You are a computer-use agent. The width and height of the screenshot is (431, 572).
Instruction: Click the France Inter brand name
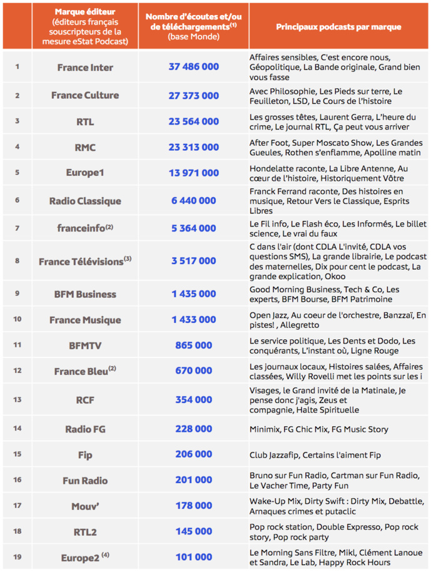(85, 67)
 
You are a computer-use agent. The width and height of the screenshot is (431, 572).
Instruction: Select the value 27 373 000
(194, 96)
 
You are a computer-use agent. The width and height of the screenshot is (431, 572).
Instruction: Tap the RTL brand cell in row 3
(85, 121)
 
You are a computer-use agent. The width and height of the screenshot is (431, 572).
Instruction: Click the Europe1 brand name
(85, 173)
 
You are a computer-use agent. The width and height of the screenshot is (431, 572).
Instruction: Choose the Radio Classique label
(85, 201)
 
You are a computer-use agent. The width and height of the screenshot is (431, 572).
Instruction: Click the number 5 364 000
(194, 228)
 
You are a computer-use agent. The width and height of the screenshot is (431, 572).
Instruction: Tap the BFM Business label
(85, 294)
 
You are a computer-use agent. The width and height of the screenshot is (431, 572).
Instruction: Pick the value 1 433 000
(194, 320)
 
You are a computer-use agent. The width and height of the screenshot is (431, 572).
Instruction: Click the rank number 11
(17, 345)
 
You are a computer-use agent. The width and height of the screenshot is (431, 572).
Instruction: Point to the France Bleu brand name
(82, 371)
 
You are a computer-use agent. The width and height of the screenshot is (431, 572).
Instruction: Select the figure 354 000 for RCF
(194, 399)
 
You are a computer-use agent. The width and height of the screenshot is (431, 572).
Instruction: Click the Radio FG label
(85, 429)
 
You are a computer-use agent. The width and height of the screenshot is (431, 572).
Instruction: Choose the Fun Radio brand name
(85, 481)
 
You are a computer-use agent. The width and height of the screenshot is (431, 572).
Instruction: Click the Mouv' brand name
(85, 506)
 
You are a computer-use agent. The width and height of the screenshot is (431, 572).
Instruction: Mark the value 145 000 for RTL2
(194, 531)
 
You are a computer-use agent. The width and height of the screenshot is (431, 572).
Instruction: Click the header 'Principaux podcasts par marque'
(338, 27)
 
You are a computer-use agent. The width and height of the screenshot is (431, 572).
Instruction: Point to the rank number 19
(17, 556)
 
